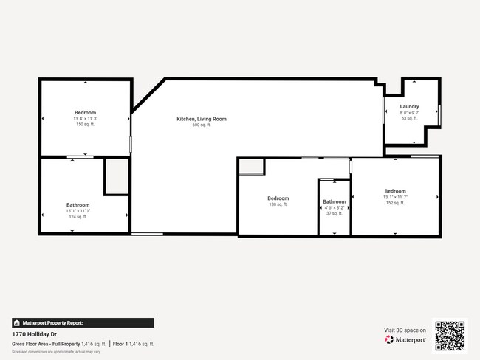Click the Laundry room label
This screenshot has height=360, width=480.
pos(409,106)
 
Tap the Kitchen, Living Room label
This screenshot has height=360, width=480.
pos(201,119)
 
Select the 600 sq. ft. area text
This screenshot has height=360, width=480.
pos(201,125)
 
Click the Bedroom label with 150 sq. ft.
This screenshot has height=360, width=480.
pos(85,113)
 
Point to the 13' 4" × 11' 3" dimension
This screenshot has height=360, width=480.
pos(85,119)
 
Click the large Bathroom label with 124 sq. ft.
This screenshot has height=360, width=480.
pos(78,205)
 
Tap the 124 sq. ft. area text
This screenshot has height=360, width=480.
pos(78,217)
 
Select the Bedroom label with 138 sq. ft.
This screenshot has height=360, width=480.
pos(278,198)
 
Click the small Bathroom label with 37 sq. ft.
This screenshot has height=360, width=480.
pos(334,201)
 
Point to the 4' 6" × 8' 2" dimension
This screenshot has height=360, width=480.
pos(334,207)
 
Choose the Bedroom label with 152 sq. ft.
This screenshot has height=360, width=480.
pos(394,191)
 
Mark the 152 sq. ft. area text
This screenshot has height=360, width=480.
pos(394,203)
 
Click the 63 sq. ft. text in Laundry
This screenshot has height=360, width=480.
pos(409,118)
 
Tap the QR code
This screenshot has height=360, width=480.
pos(450,336)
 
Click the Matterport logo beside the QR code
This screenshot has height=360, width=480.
pos(405,340)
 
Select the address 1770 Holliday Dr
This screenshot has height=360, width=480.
pos(34,333)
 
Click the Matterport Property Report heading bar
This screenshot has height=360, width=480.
pos(83,322)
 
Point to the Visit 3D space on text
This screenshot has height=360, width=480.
pos(405,330)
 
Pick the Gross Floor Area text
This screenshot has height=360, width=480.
pos(46,344)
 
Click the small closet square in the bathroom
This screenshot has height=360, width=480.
pos(116,176)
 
